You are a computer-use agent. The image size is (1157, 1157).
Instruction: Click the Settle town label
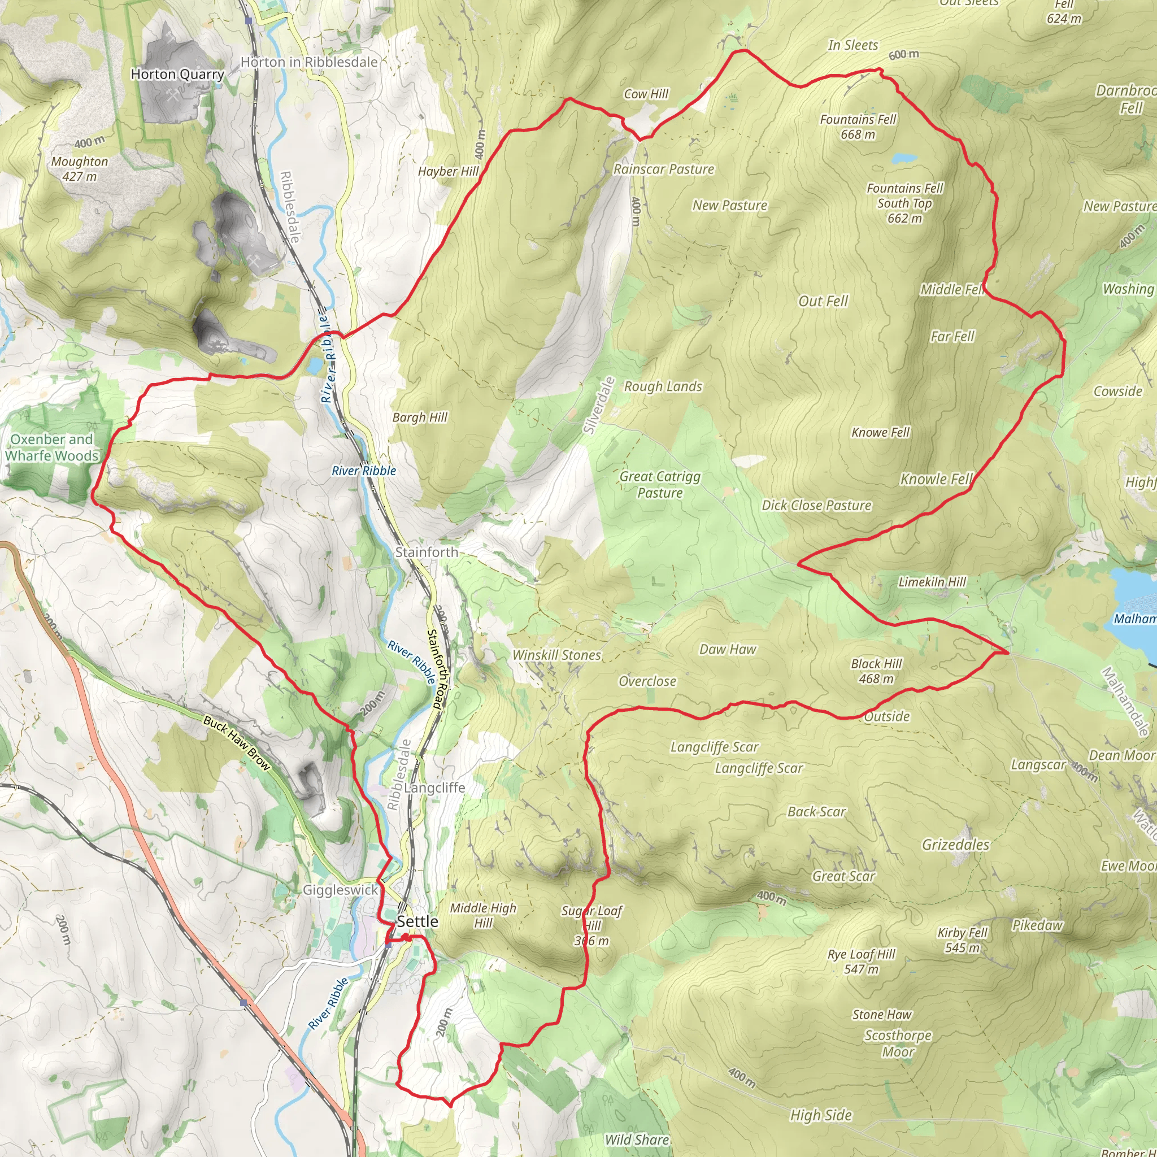click(417, 921)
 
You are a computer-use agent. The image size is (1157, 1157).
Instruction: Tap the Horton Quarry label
click(177, 74)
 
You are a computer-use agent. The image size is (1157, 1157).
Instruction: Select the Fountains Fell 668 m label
click(858, 127)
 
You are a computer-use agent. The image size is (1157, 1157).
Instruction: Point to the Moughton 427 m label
click(80, 169)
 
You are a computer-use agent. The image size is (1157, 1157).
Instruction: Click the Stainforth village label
click(427, 552)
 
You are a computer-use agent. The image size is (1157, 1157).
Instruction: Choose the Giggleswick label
click(340, 890)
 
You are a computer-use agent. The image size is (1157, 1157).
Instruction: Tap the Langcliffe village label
click(434, 788)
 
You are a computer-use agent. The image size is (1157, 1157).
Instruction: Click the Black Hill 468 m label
click(876, 671)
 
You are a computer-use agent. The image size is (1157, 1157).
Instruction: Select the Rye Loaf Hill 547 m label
click(861, 961)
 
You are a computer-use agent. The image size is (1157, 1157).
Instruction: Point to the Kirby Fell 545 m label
click(962, 939)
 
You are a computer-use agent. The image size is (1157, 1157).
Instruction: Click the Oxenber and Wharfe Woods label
click(51, 447)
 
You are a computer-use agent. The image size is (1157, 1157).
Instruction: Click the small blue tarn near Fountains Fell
click(904, 159)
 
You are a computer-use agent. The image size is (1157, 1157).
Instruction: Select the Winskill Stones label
click(556, 655)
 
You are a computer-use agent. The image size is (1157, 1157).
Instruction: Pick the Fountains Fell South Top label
click(904, 203)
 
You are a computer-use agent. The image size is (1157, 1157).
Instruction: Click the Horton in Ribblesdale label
click(309, 62)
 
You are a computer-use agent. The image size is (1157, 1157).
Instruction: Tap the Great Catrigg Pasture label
click(660, 485)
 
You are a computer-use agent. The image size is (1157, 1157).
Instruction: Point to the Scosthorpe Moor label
click(898, 1043)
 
